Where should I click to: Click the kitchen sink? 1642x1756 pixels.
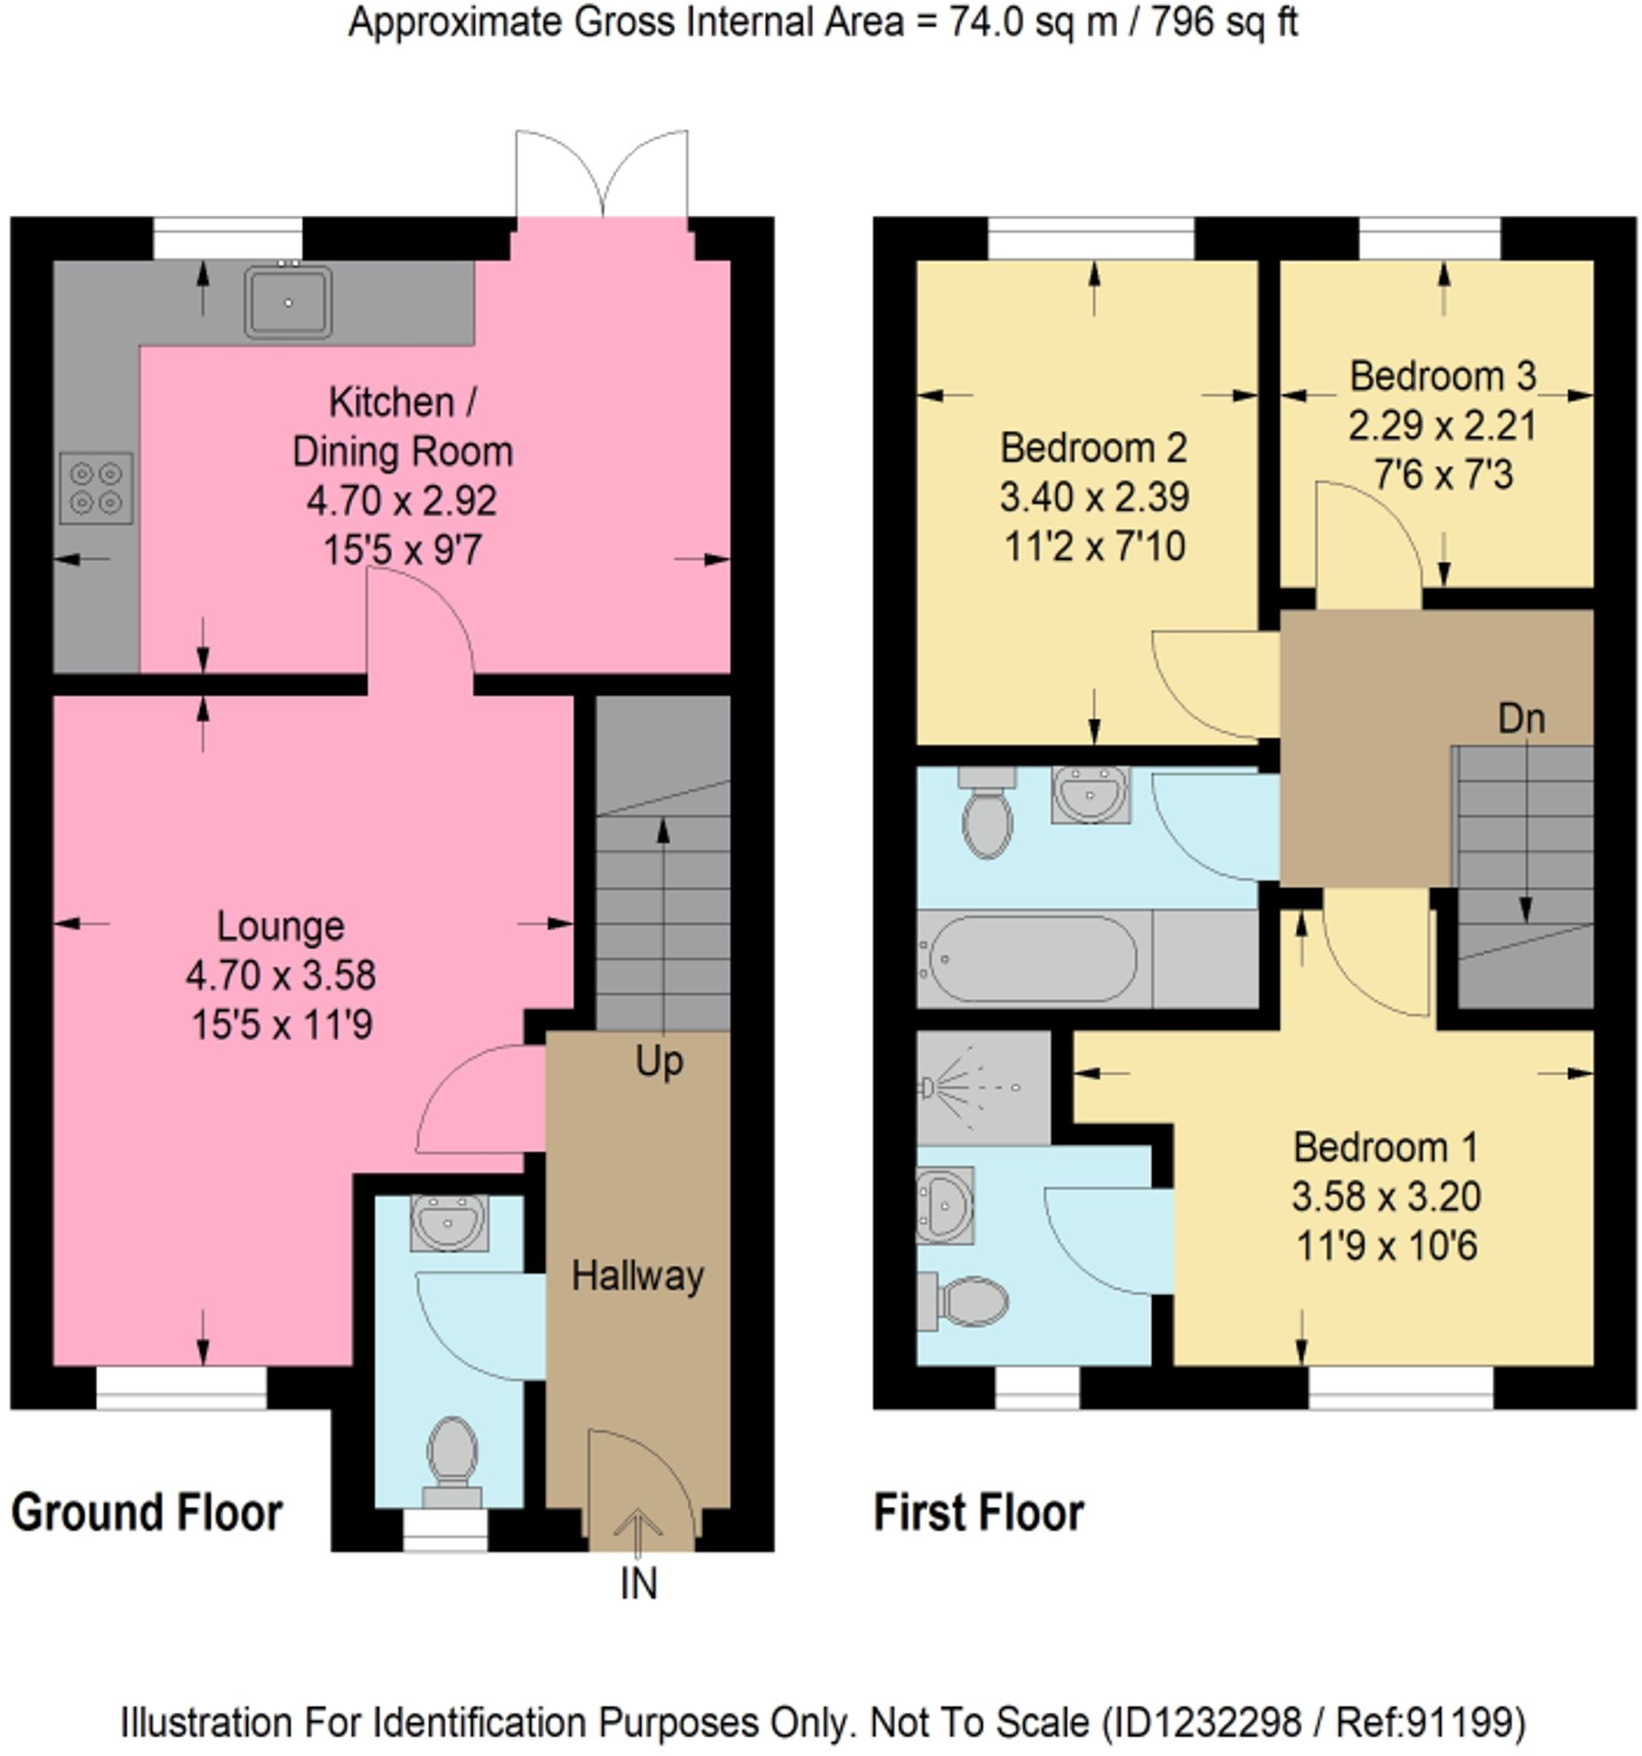tap(288, 302)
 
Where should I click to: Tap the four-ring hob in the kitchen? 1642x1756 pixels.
tap(96, 488)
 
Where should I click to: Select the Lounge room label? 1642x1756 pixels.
tap(280, 926)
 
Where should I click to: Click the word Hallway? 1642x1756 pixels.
tap(638, 1275)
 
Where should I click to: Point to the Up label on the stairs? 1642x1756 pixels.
tap(659, 1061)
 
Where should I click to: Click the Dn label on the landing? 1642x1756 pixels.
tap(1521, 719)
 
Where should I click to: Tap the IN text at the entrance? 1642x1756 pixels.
tap(638, 1584)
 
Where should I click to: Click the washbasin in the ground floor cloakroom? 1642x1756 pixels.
tap(448, 1222)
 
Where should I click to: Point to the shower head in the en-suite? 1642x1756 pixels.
tap(928, 1087)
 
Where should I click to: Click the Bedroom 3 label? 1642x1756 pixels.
tap(1442, 377)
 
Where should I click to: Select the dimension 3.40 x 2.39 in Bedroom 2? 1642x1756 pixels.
tap(1094, 497)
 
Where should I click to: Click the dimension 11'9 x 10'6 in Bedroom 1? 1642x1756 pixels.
tap(1386, 1246)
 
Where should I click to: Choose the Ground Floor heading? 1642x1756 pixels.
tap(147, 1512)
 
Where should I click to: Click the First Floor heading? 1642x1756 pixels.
tap(978, 1512)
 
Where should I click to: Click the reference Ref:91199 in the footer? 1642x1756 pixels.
tap(1429, 1722)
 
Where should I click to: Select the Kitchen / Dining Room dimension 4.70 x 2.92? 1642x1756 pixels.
tap(401, 500)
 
